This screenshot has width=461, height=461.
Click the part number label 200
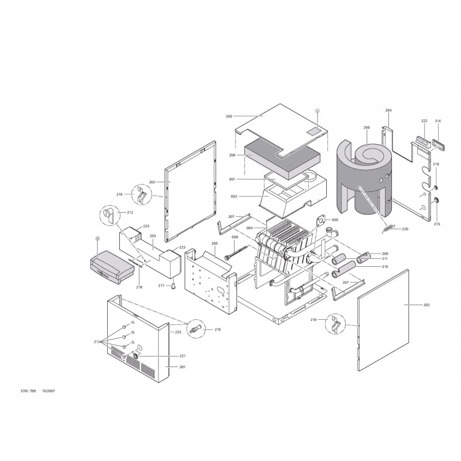coord(229,116)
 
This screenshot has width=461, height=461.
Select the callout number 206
coord(232,155)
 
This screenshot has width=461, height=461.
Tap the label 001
coord(232,179)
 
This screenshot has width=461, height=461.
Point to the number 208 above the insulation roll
coord(366,127)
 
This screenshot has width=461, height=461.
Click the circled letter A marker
coord(318,111)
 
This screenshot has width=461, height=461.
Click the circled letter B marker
coord(98,239)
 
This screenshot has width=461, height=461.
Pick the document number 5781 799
coord(28,391)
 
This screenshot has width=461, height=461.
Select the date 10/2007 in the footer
coord(48,391)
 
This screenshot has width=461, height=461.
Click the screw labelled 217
coord(174,286)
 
